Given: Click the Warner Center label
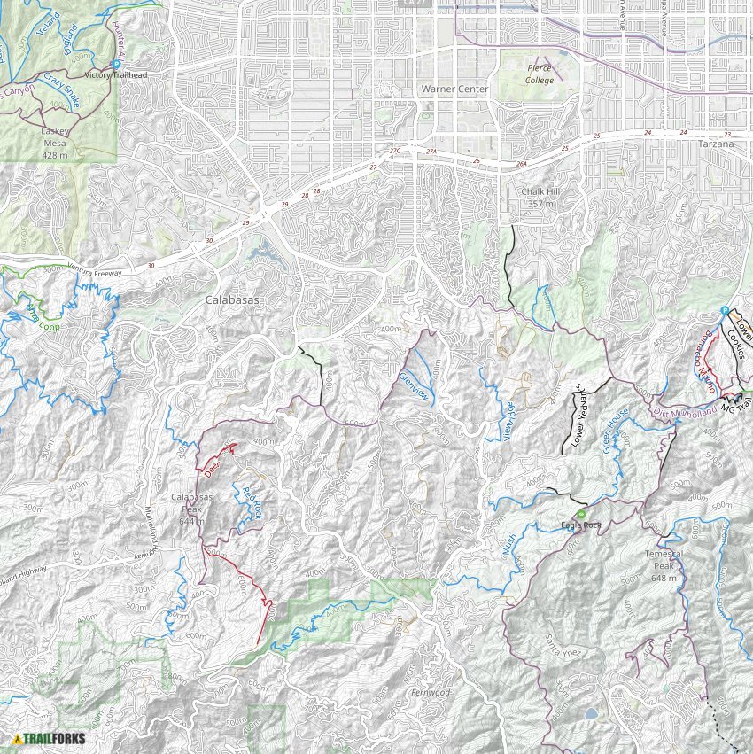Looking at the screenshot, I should (x=454, y=89).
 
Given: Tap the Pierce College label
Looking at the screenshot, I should (x=540, y=74).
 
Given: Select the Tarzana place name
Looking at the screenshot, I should (x=715, y=144).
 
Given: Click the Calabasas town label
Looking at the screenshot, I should (x=232, y=300).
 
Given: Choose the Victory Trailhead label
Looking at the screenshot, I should (x=115, y=76).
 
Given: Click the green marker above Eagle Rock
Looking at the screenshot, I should (x=581, y=514).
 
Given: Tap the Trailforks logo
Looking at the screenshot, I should (x=42, y=739).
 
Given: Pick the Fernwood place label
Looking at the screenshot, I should (x=431, y=692).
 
